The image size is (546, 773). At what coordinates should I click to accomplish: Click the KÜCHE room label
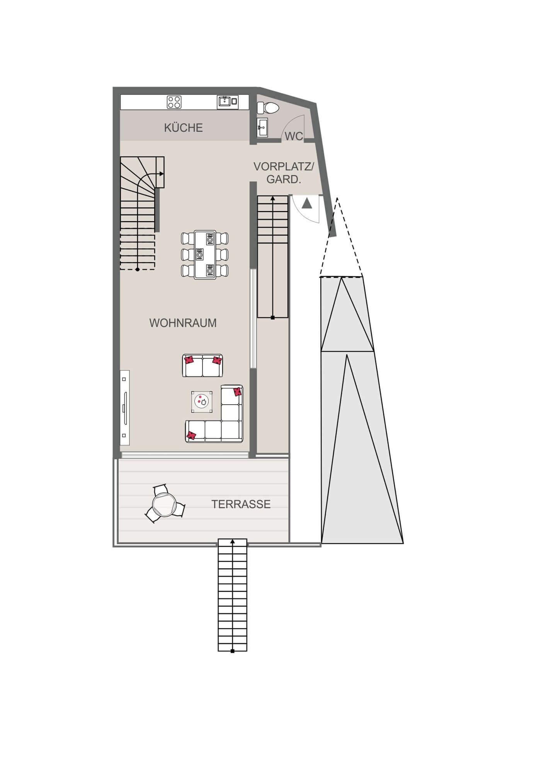pos(183,128)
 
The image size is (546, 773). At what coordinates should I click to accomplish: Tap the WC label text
pos(294,136)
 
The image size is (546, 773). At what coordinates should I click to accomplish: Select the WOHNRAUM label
pos(183,323)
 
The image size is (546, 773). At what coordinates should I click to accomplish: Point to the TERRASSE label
pos(241,504)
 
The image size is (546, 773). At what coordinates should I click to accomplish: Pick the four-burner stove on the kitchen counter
pos(174,102)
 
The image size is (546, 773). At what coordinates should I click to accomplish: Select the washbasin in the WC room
pos(263,127)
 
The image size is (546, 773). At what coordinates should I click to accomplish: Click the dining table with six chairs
pos(205,255)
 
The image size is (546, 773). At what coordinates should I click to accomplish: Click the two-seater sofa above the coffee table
pos(202,366)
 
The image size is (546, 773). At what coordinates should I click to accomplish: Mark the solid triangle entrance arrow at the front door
pos(307,203)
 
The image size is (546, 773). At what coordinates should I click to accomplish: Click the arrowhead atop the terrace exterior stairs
pos(232,541)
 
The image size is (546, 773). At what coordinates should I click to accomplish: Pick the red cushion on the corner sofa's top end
pos(237,392)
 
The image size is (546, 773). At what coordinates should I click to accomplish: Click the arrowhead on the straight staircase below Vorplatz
pos(273,198)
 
